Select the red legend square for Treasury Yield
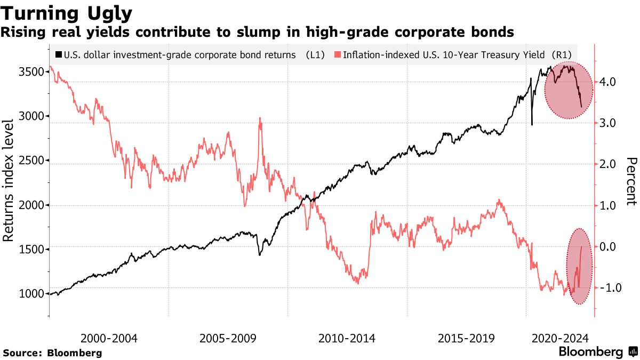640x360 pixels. point(338,54)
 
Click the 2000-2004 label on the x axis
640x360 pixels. point(109,338)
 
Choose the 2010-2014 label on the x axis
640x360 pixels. point(347,338)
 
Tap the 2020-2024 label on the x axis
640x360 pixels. point(560,338)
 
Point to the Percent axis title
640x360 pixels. point(631,181)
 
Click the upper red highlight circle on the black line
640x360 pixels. point(569,90)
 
